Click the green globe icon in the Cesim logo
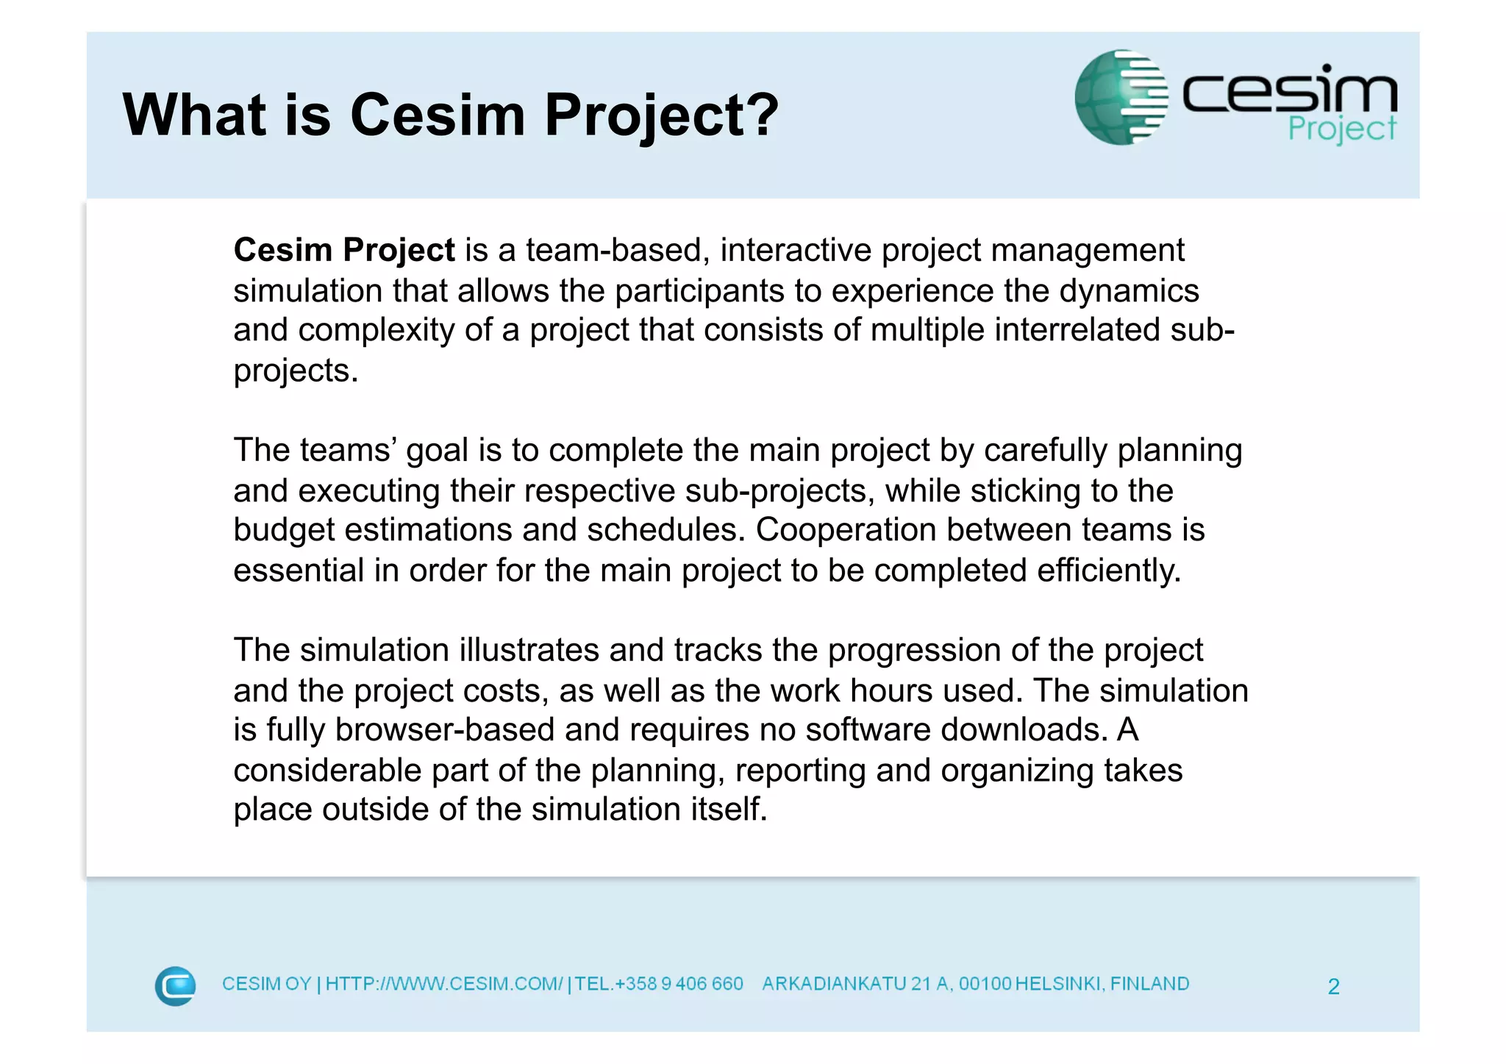coord(1120,97)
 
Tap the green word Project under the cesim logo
coord(1341,129)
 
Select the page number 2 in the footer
coord(1333,987)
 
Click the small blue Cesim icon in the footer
coord(175,985)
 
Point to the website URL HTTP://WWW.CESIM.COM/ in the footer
coord(443,984)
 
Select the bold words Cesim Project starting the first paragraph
coord(344,251)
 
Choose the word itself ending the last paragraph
coord(728,810)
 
